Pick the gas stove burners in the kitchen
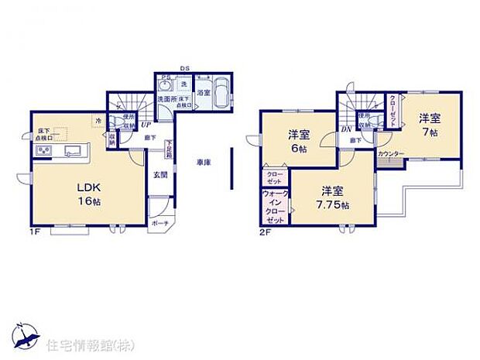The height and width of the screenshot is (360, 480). [x=42, y=150]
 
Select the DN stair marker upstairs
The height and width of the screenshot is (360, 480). [x=345, y=129]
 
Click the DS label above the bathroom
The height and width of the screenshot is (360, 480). [x=185, y=68]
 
